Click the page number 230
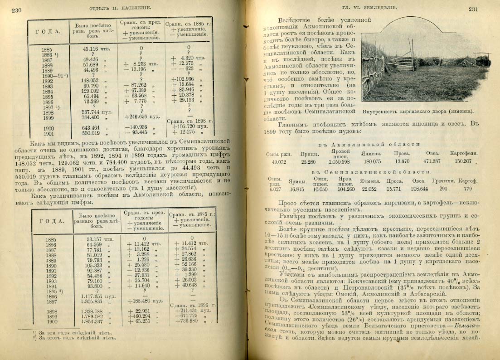point(16,10)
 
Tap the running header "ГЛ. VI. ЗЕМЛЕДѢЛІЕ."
point(366,8)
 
